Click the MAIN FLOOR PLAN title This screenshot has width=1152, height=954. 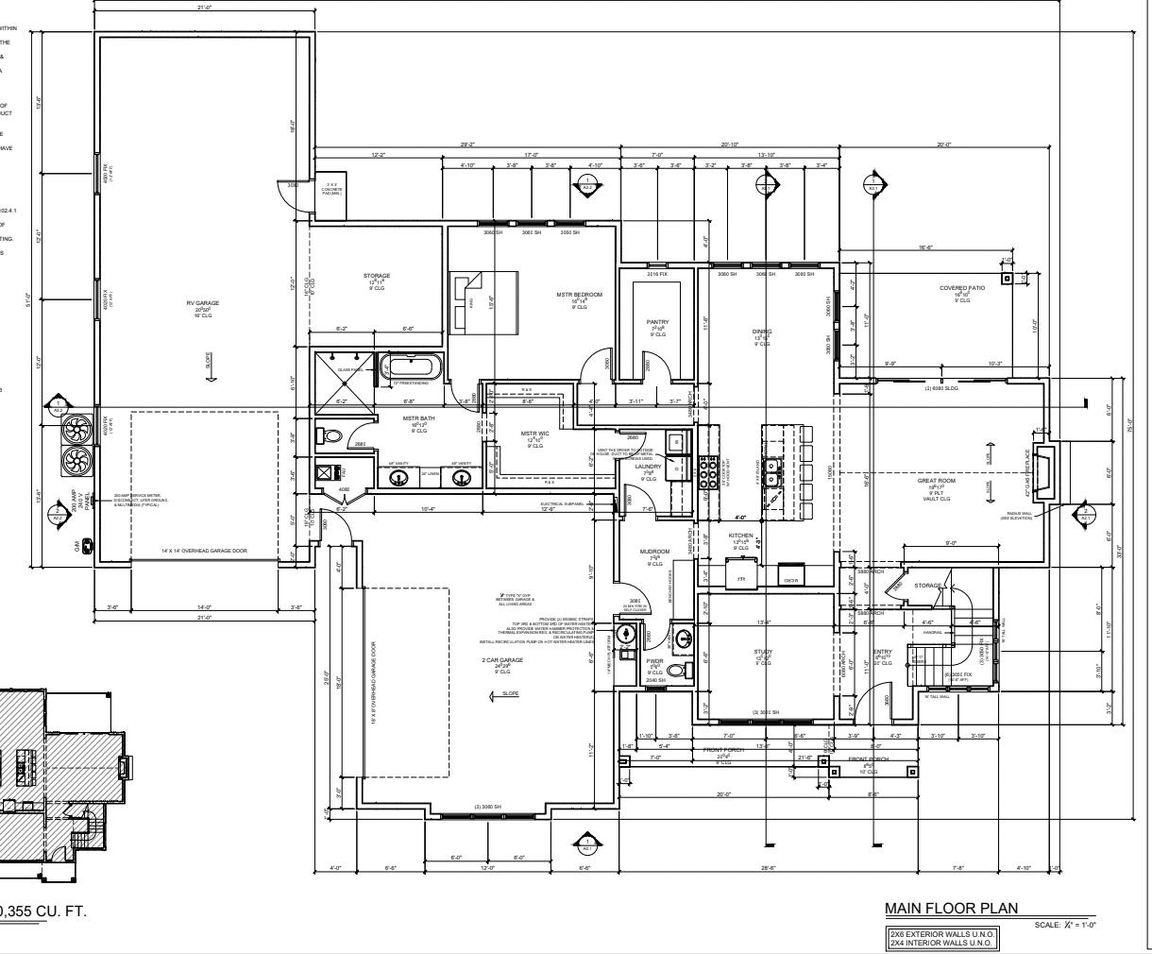click(951, 909)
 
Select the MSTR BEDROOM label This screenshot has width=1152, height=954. click(579, 295)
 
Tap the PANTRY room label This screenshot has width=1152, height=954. click(657, 322)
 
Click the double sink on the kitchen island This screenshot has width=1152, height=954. click(772, 481)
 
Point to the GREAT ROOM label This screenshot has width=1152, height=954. click(937, 481)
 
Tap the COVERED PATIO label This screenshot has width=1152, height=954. click(961, 288)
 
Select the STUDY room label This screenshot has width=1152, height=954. click(763, 652)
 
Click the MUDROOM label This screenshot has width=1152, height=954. click(654, 552)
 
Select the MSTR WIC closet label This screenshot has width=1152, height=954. click(534, 434)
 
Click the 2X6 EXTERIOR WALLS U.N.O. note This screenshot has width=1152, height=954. click(942, 933)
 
